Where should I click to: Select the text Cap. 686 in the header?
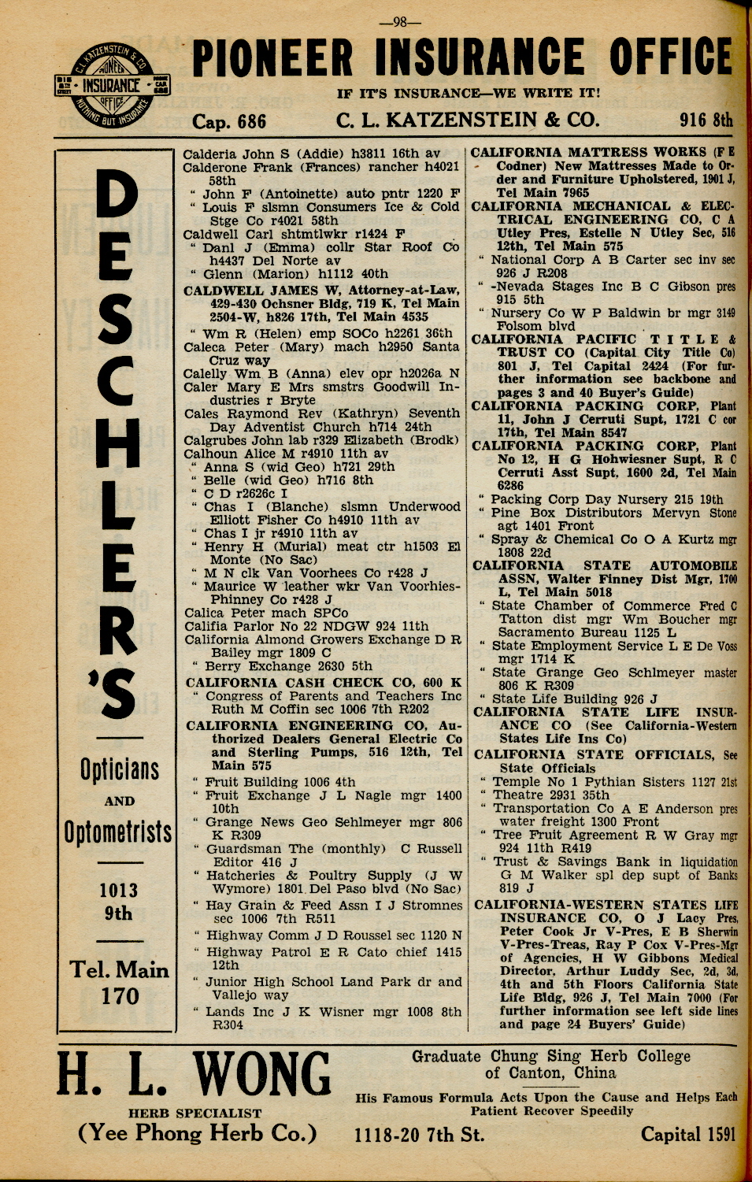tap(229, 121)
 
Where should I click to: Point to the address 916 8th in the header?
tap(706, 120)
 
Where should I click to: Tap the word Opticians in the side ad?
tap(119, 769)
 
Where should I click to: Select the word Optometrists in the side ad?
tap(118, 832)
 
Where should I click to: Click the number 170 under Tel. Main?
tap(120, 997)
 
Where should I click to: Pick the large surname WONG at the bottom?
tap(263, 1076)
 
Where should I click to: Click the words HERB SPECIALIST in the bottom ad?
tap(194, 1113)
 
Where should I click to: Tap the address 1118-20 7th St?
tap(419, 1135)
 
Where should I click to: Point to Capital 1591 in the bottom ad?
tap(688, 1135)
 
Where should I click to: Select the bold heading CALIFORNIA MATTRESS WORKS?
tap(589, 152)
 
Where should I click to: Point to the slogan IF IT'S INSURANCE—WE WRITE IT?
tap(469, 94)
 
